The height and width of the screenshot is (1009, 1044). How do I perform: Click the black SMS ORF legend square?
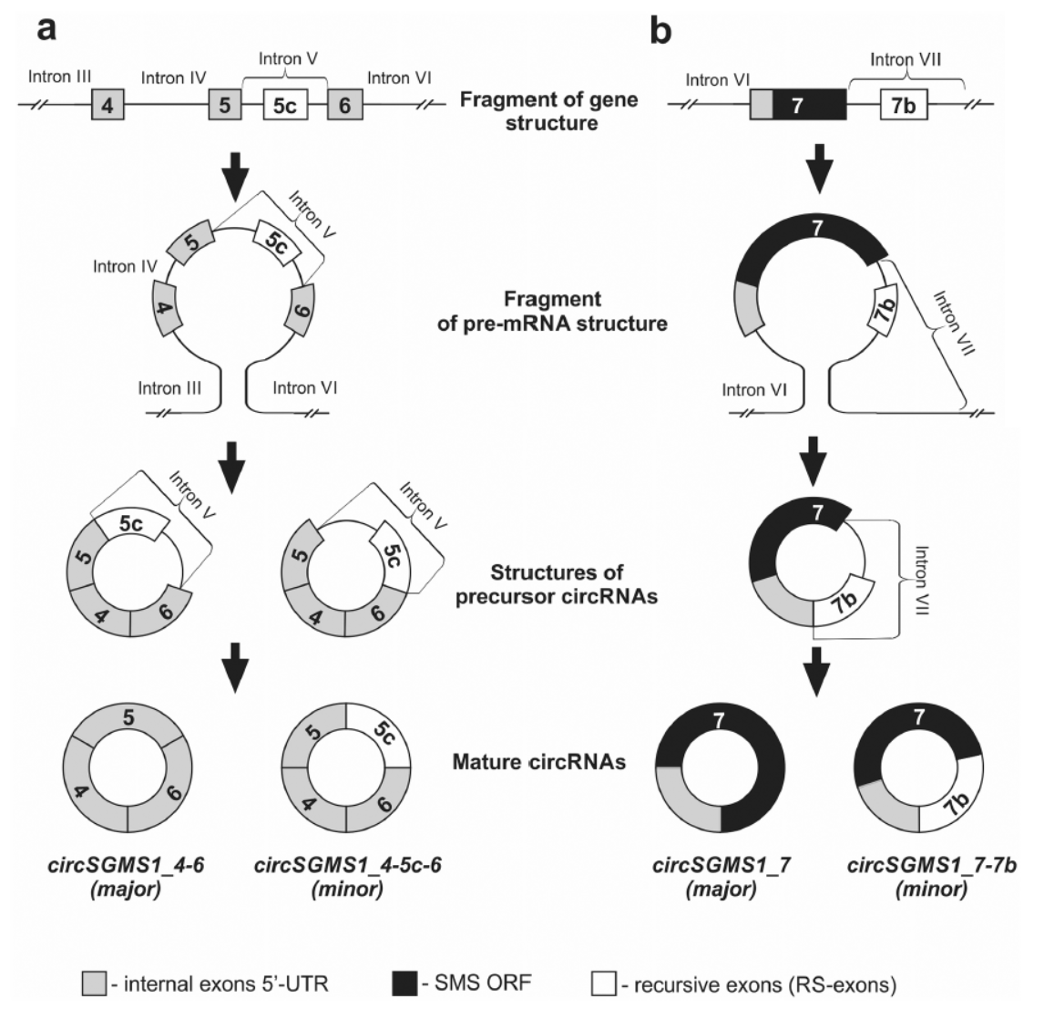tap(404, 983)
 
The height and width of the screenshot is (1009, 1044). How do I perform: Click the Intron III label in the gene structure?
tap(60, 77)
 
